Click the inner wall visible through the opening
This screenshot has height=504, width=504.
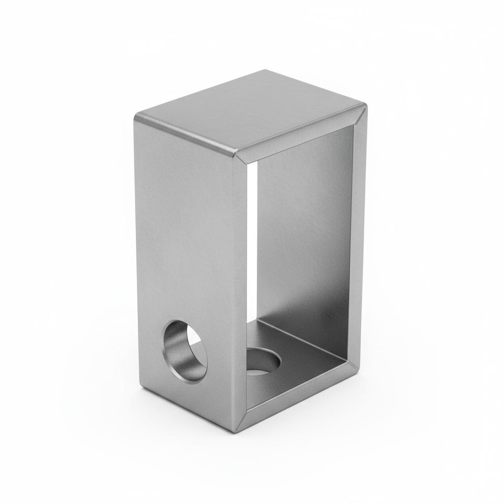click(305, 236)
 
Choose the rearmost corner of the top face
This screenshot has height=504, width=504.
click(266, 71)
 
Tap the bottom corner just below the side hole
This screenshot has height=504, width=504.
click(143, 391)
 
